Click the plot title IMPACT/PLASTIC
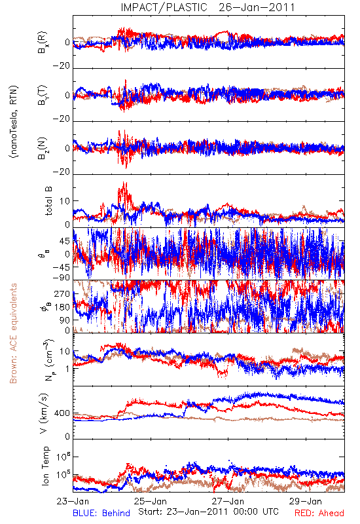pos(164,7)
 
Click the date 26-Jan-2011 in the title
pos(257,7)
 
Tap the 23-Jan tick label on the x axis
pos(73,501)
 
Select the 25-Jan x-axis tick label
pos(151,501)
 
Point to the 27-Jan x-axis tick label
pos(228,501)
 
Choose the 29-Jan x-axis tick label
pos(306,501)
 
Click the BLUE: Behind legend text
pos(101,513)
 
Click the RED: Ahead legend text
pos(319,513)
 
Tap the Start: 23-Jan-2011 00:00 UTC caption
pos(208,512)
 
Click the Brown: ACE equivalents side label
pos(13,333)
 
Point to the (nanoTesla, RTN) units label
pos(14,122)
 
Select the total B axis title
pos(48,201)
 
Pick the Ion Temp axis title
pos(45,466)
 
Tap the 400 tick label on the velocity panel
pos(62,413)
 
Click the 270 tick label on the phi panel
pos(62,293)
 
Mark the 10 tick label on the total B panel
pos(65,201)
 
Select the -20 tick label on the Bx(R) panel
pos(62,66)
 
